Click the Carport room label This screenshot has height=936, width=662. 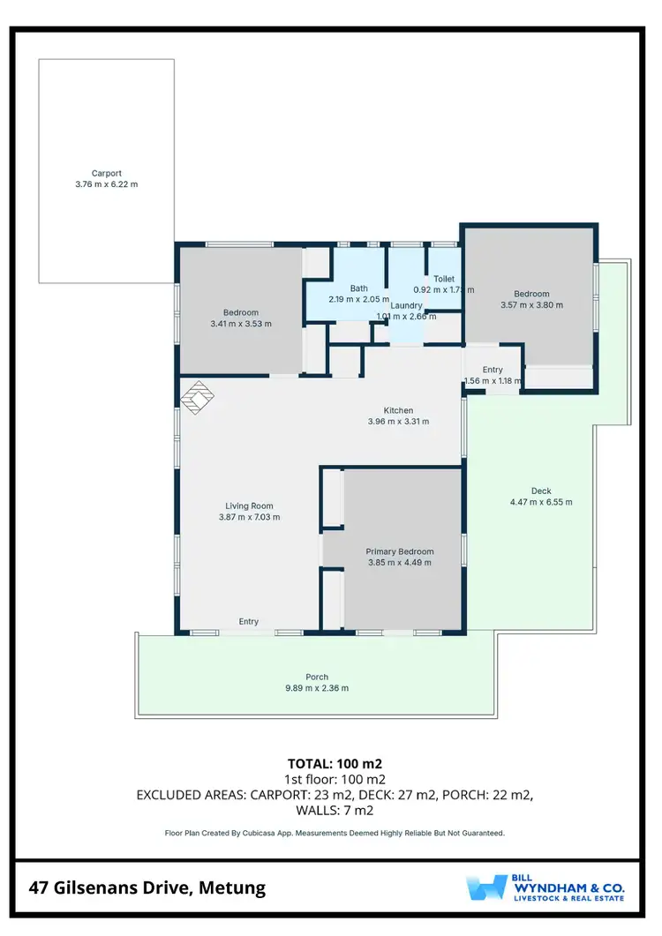pyautogui.click(x=106, y=174)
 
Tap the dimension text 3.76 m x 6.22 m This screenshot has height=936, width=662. pyautogui.click(x=106, y=184)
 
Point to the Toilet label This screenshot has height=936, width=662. pyautogui.click(x=444, y=279)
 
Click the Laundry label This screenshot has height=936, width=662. pyautogui.click(x=407, y=305)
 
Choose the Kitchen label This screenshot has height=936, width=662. pyautogui.click(x=398, y=410)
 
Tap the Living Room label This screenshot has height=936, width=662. pyautogui.click(x=249, y=505)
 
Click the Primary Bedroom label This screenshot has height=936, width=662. pyautogui.click(x=400, y=551)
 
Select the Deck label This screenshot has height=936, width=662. pyautogui.click(x=541, y=491)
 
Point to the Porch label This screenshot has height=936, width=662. pyautogui.click(x=316, y=678)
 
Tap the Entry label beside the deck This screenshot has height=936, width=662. pyautogui.click(x=493, y=370)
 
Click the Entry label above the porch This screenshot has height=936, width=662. pyautogui.click(x=249, y=622)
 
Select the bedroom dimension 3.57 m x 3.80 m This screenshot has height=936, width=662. pyautogui.click(x=531, y=305)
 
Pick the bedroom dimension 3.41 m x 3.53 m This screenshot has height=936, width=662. pyautogui.click(x=241, y=324)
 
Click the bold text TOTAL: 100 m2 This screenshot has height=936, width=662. pyautogui.click(x=334, y=763)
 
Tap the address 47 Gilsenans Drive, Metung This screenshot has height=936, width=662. pyautogui.click(x=147, y=887)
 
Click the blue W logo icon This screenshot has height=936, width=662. pyautogui.click(x=486, y=887)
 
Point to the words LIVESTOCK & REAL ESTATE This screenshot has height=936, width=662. pyautogui.click(x=569, y=898)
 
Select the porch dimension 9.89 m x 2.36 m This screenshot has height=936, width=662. pyautogui.click(x=316, y=688)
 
